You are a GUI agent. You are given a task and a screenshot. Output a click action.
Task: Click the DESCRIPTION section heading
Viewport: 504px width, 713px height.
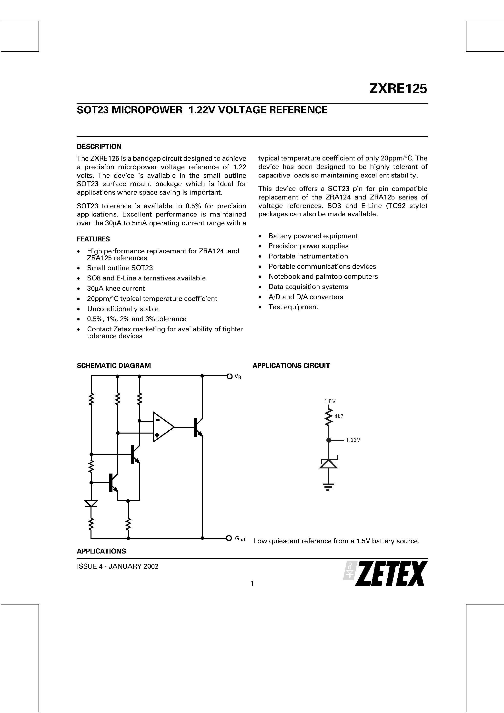click(99, 147)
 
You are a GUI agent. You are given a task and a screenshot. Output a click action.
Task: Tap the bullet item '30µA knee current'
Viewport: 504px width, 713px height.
click(116, 288)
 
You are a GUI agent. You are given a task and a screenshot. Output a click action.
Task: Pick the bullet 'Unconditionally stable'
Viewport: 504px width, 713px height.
click(123, 309)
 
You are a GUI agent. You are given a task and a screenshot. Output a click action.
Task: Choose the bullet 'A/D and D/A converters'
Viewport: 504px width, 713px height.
click(306, 297)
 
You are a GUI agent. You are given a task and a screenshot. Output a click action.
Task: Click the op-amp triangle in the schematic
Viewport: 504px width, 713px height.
click(162, 427)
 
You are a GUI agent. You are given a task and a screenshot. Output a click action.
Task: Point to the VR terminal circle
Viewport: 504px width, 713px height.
click(229, 376)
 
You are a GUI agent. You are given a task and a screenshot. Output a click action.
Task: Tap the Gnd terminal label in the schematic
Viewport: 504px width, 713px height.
click(240, 539)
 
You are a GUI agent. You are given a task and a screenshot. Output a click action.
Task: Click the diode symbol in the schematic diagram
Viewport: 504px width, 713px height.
click(91, 503)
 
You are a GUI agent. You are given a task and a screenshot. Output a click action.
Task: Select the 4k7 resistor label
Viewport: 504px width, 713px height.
click(339, 416)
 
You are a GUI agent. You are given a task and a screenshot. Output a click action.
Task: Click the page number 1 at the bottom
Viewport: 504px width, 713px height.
click(252, 584)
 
